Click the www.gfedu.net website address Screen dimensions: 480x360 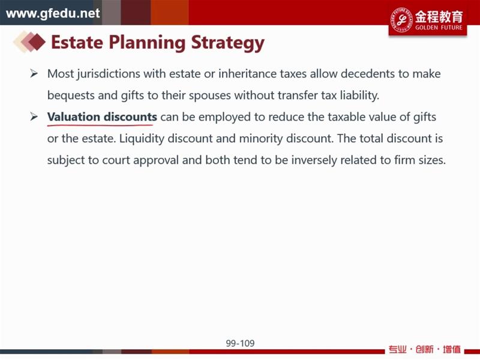click(x=53, y=13)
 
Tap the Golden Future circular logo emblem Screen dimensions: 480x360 click(x=401, y=20)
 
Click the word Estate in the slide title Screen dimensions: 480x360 click(x=77, y=42)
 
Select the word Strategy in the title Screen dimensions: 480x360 click(x=227, y=43)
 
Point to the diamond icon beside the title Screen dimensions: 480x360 click(x=29, y=41)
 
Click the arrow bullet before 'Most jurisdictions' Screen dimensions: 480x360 click(x=34, y=73)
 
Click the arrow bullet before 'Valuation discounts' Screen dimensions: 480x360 click(x=34, y=116)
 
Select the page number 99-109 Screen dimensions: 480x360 click(x=241, y=343)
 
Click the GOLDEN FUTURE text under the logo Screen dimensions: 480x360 click(x=439, y=28)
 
